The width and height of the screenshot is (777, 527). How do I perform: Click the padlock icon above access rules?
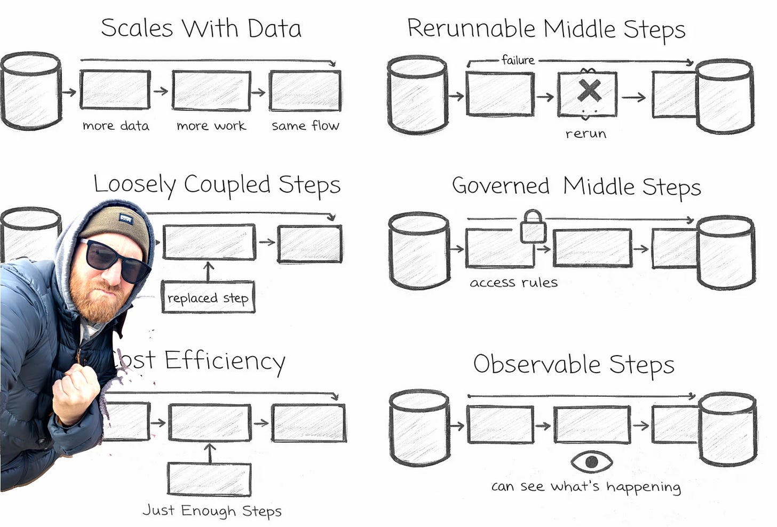[533, 227]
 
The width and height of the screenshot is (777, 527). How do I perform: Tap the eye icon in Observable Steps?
[591, 461]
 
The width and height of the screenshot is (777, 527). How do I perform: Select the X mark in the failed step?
[589, 91]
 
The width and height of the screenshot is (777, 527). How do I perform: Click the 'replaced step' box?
[208, 297]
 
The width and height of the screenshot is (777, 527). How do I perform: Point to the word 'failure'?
[518, 60]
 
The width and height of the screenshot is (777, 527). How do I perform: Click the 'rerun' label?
[586, 133]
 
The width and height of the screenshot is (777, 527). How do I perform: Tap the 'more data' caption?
[116, 126]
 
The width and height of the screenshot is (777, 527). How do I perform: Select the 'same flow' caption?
[305, 126]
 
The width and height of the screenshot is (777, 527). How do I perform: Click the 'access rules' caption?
[513, 282]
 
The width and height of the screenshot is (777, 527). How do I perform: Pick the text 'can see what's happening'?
[586, 486]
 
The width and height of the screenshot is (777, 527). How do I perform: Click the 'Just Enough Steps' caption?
[212, 510]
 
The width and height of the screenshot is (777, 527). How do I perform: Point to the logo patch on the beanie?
[126, 218]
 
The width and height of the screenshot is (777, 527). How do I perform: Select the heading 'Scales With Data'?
[201, 28]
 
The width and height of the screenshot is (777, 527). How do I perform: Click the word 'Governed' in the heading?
[501, 186]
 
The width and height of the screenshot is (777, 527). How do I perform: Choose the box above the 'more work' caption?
[211, 91]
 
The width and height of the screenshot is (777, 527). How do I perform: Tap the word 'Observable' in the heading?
[537, 364]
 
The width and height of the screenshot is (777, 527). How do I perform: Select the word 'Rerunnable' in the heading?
[471, 28]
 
